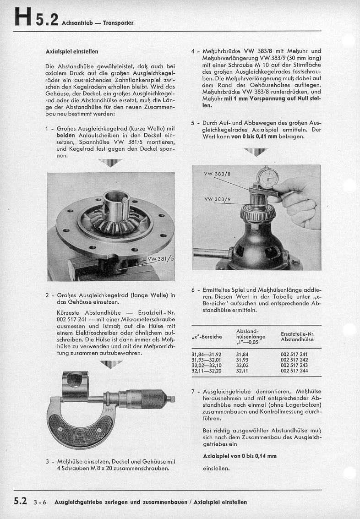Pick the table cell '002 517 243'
[294, 365]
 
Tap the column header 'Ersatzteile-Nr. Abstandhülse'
[297, 337]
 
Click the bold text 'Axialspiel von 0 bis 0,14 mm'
[240, 456]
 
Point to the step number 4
[193, 51]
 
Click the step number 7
[193, 392]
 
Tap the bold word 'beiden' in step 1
[66, 136]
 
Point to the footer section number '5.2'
[21, 502]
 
